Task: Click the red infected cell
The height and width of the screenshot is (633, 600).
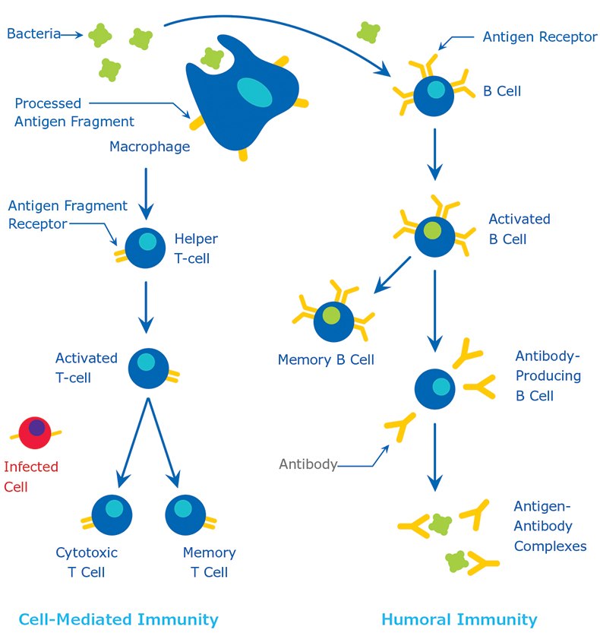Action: (x=34, y=433)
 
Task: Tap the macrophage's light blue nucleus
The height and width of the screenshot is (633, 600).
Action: (x=255, y=93)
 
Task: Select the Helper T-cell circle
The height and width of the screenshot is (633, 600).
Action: (x=145, y=248)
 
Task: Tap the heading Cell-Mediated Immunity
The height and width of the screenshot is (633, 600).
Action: (x=118, y=619)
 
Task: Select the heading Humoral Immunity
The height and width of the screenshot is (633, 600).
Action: (x=459, y=619)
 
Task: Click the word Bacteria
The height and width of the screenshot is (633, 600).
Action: (x=33, y=33)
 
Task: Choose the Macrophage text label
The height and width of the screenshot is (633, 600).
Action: (x=149, y=146)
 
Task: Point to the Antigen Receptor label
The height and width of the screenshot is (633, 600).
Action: (x=540, y=36)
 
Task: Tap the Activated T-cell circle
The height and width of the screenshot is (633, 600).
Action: (x=148, y=368)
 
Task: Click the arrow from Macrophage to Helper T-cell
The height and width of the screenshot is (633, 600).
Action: (x=145, y=189)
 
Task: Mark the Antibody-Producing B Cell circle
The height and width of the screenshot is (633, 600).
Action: (x=435, y=389)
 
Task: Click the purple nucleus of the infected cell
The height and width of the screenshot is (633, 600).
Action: (x=36, y=428)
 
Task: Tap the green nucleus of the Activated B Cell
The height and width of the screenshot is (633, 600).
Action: (x=432, y=230)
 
